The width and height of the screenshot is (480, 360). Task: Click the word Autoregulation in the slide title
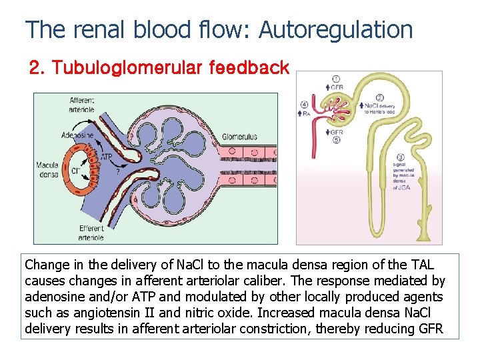[x=335, y=30]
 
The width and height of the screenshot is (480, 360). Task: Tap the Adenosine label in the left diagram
[x=77, y=135]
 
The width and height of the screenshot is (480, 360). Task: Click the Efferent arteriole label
[x=91, y=233]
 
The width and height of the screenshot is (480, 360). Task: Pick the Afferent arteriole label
[x=82, y=105]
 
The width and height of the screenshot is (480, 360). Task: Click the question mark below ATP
[x=118, y=171]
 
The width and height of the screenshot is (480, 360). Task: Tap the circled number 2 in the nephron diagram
[x=379, y=98]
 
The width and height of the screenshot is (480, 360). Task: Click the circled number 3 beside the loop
[x=400, y=157]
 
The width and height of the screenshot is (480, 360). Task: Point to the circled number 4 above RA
[x=305, y=105]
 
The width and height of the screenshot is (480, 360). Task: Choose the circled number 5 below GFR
[x=337, y=141]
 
